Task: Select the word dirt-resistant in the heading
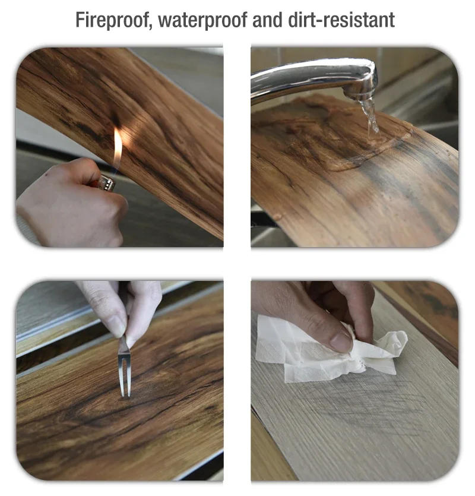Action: pos(349,20)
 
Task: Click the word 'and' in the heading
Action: pos(269,20)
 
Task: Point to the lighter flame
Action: pos(118,149)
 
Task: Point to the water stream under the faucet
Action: pos(370,116)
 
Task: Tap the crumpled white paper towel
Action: pos(332,353)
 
